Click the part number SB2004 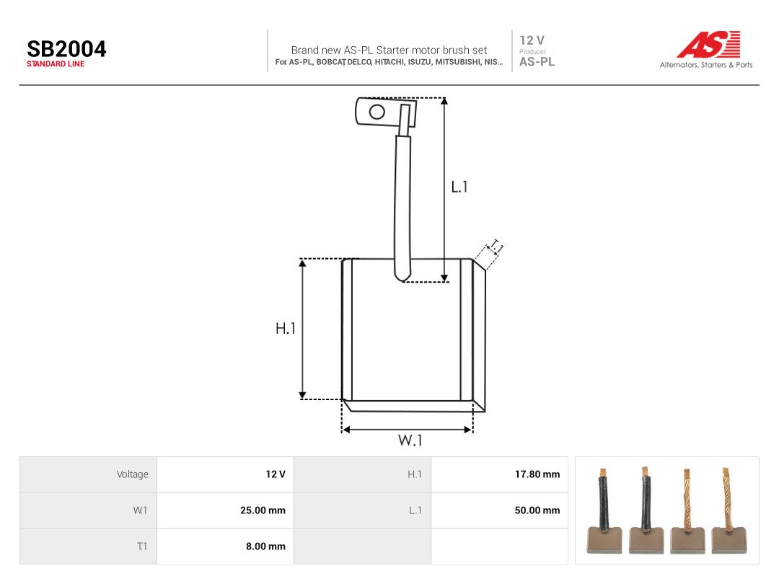(x=66, y=49)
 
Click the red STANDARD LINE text (x=56, y=64)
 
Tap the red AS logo (x=709, y=45)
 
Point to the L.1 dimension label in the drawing (x=459, y=187)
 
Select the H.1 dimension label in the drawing (x=286, y=328)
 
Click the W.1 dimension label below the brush (x=410, y=440)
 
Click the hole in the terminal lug (x=377, y=112)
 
